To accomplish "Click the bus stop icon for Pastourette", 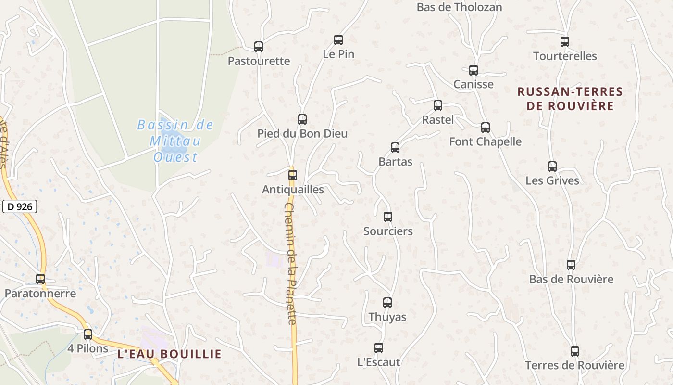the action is coord(259,47).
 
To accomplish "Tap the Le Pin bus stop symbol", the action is coord(338,40).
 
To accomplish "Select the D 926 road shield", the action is coord(20,207).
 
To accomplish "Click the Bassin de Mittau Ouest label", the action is coord(175,141).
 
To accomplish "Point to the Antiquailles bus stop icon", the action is coord(293,175).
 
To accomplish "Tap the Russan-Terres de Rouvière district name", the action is coord(570,99).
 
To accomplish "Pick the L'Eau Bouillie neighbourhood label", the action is coord(170,354).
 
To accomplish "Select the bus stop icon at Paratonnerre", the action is coord(40,279).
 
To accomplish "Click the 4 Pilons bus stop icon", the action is coord(88,334).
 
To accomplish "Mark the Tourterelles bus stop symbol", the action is coord(565,42).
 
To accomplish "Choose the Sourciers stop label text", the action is coord(388,231).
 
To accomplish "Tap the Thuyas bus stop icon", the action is coord(387,303).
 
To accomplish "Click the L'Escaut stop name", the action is coord(379,362).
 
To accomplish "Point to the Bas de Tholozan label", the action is coord(459,7).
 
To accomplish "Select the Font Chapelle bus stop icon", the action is coord(486,128).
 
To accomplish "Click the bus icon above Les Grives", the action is coord(552,167).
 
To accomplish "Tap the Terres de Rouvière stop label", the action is coord(574,365).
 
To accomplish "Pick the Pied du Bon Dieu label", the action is coord(302,133).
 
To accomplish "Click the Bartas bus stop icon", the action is coord(395,148).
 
